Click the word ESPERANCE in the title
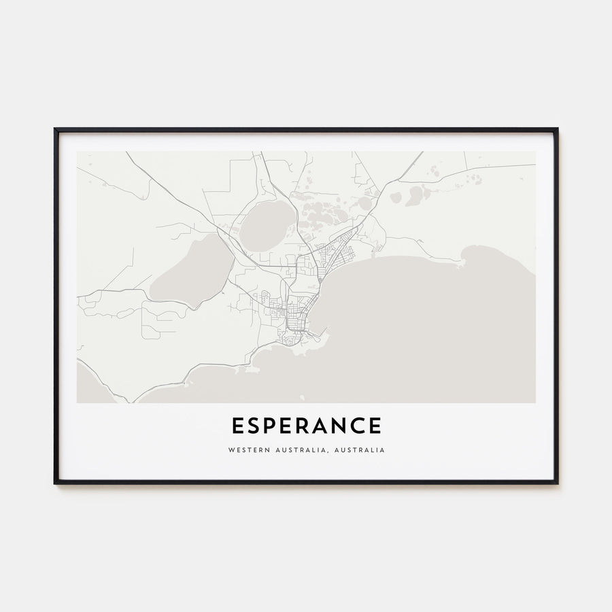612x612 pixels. point(306,426)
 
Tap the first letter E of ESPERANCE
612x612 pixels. point(237,426)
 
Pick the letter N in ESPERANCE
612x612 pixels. point(341,426)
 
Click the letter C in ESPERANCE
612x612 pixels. point(358,426)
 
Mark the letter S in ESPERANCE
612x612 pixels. point(255,426)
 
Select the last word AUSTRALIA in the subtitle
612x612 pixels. point(364,450)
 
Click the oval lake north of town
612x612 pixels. point(267,226)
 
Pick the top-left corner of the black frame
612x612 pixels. point(56,129)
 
